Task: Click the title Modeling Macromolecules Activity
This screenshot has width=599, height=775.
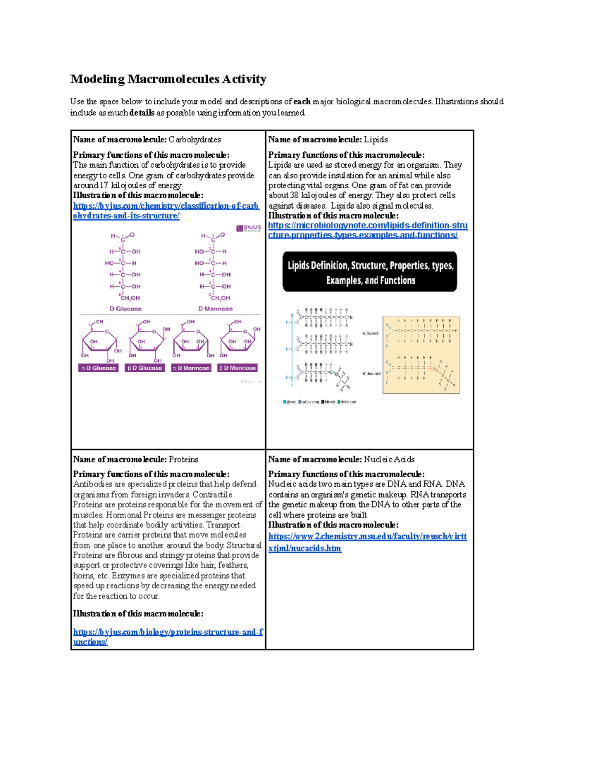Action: pyautogui.click(x=168, y=79)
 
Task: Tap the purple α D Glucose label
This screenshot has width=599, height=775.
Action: pyautogui.click(x=98, y=368)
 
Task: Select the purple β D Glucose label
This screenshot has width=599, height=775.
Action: pyautogui.click(x=145, y=368)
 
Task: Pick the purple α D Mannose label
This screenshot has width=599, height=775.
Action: pyautogui.click(x=191, y=368)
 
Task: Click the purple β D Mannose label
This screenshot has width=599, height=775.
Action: pyautogui.click(x=238, y=368)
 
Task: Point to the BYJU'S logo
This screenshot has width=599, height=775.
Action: pyautogui.click(x=249, y=228)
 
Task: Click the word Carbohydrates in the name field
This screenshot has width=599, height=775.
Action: pyautogui.click(x=195, y=140)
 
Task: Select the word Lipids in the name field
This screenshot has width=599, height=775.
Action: pyautogui.click(x=375, y=140)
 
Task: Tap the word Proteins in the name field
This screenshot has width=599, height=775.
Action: pyautogui.click(x=183, y=459)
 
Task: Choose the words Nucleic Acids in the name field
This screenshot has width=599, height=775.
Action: pyautogui.click(x=389, y=459)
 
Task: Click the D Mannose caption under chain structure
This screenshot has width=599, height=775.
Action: pyautogui.click(x=215, y=309)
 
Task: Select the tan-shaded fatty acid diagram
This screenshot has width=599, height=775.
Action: pyautogui.click(x=421, y=354)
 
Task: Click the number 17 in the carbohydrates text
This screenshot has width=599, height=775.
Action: pyautogui.click(x=104, y=185)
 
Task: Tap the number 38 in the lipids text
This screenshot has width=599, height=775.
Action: pyautogui.click(x=295, y=195)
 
